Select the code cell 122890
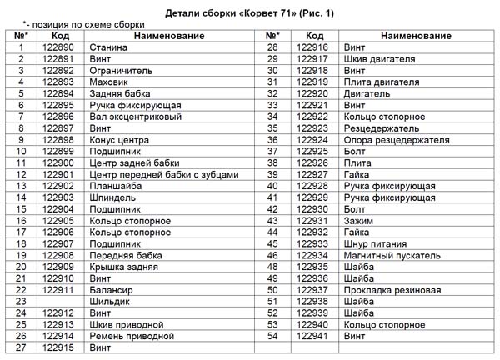point(58,48)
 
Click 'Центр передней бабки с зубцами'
point(162,175)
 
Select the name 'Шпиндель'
point(112,197)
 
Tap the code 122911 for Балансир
point(58,290)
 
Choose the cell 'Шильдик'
point(110,302)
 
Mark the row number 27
point(22,347)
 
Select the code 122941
point(313,336)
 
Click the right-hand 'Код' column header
point(313,37)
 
